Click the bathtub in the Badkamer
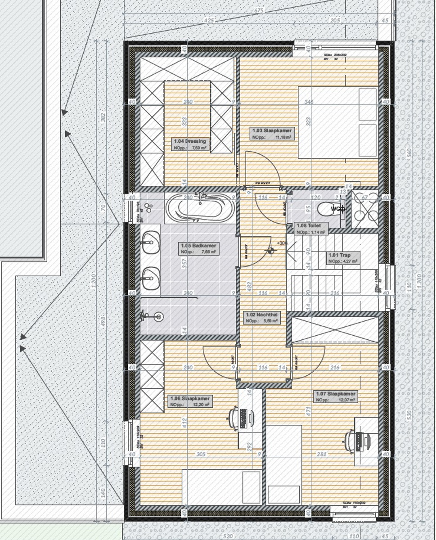(x=199, y=208)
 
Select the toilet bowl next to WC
(x=325, y=209)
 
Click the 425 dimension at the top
(x=208, y=21)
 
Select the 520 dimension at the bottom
(x=228, y=536)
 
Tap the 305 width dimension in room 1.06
(x=201, y=454)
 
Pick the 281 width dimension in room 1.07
(x=322, y=454)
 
